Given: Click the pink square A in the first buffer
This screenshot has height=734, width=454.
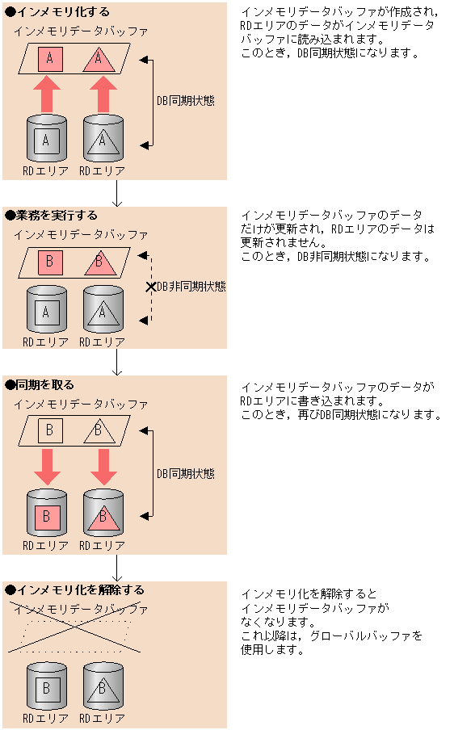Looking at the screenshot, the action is [x=50, y=59].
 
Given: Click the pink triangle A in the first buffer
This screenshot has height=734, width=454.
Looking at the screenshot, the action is [x=99, y=60].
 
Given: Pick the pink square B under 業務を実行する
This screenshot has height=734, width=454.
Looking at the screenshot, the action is [x=50, y=262].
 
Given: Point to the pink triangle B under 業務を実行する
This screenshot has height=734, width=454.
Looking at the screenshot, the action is [x=100, y=263].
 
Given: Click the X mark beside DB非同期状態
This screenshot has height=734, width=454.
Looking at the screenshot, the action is [x=151, y=287].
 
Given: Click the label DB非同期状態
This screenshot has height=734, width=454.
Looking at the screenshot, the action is [x=191, y=287].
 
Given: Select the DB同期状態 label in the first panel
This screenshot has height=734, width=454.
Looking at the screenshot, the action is [x=186, y=101].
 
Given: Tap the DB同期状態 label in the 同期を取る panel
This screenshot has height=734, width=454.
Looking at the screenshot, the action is [x=186, y=474].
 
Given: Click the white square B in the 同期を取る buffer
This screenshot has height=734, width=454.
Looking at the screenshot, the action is [x=50, y=430].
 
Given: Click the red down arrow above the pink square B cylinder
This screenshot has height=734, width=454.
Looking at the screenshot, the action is [x=47, y=467].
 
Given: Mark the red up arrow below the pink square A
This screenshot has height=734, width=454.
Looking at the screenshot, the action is [x=47, y=94].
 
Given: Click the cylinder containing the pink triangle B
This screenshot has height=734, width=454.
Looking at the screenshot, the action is [x=103, y=513].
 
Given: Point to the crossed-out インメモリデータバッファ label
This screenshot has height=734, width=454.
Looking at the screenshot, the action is [x=81, y=610].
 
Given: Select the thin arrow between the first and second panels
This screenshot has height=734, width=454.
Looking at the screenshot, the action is [x=117, y=193].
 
